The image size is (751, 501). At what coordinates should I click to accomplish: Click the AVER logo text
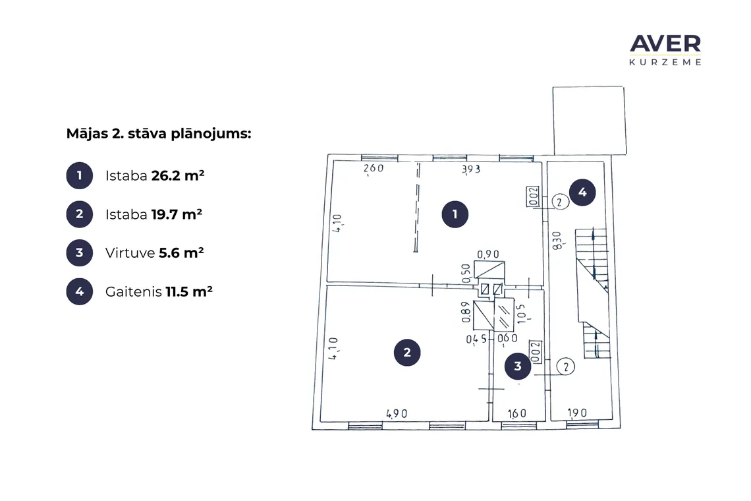(x=665, y=44)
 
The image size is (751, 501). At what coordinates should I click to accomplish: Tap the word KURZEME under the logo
(x=665, y=62)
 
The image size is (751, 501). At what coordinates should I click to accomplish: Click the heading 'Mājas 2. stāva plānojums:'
(x=159, y=133)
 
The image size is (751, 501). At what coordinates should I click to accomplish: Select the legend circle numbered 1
(x=80, y=175)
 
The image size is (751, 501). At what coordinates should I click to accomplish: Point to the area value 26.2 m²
(x=178, y=175)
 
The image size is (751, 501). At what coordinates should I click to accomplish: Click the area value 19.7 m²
(x=177, y=214)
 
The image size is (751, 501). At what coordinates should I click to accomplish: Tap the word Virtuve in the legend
(x=130, y=252)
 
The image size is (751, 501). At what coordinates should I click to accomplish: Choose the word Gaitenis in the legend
(x=134, y=291)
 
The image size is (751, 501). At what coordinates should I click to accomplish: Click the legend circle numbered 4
(x=80, y=291)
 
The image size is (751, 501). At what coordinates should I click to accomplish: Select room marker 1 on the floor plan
(x=455, y=214)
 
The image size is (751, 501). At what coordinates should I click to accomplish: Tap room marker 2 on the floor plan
(x=407, y=353)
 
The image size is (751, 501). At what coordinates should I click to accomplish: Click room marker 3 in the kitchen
(x=518, y=367)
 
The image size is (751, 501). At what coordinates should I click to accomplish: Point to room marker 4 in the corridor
(x=582, y=192)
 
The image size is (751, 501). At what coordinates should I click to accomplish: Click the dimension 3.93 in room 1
(x=471, y=169)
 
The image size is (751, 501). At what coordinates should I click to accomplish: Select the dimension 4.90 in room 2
(x=397, y=413)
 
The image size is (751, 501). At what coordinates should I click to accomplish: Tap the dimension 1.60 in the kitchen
(x=516, y=413)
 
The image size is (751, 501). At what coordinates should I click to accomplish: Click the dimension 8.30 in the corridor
(x=557, y=240)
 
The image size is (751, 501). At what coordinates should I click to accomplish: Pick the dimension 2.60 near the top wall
(x=374, y=168)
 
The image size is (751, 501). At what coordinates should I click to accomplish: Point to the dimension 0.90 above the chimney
(x=488, y=254)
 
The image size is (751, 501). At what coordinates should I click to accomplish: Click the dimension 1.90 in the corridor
(x=577, y=413)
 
